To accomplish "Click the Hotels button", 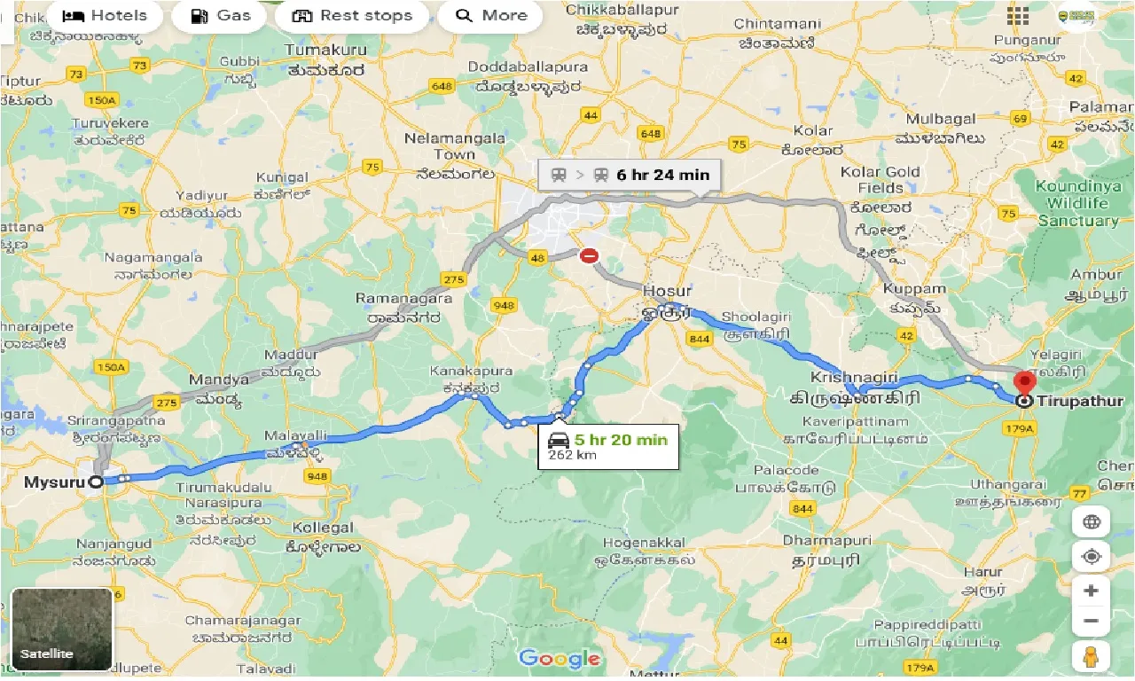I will [105, 16].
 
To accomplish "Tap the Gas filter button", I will [220, 16].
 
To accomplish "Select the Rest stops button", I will [352, 16].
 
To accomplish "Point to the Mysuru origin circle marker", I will [96, 481].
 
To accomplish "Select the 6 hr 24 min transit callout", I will [630, 175].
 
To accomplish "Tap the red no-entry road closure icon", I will [589, 256].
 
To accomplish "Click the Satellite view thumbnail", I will [62, 629].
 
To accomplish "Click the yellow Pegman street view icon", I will [1091, 657].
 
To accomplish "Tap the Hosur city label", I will [667, 291].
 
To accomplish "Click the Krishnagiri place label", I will [841, 378].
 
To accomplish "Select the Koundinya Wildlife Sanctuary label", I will [1077, 202].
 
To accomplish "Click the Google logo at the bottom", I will [559, 659].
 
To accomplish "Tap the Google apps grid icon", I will [1017, 16].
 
